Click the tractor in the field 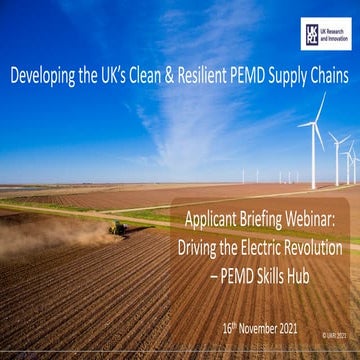point(119,228)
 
